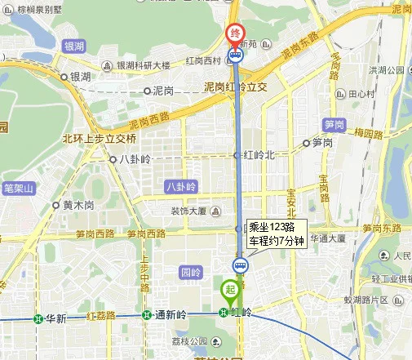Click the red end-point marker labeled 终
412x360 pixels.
[235, 34]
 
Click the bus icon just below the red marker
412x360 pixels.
[236, 56]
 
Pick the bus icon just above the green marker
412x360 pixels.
[241, 264]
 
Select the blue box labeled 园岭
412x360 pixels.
[190, 271]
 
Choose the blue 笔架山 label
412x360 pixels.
[18, 189]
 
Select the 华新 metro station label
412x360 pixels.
[55, 318]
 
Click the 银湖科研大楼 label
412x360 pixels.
[143, 64]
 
